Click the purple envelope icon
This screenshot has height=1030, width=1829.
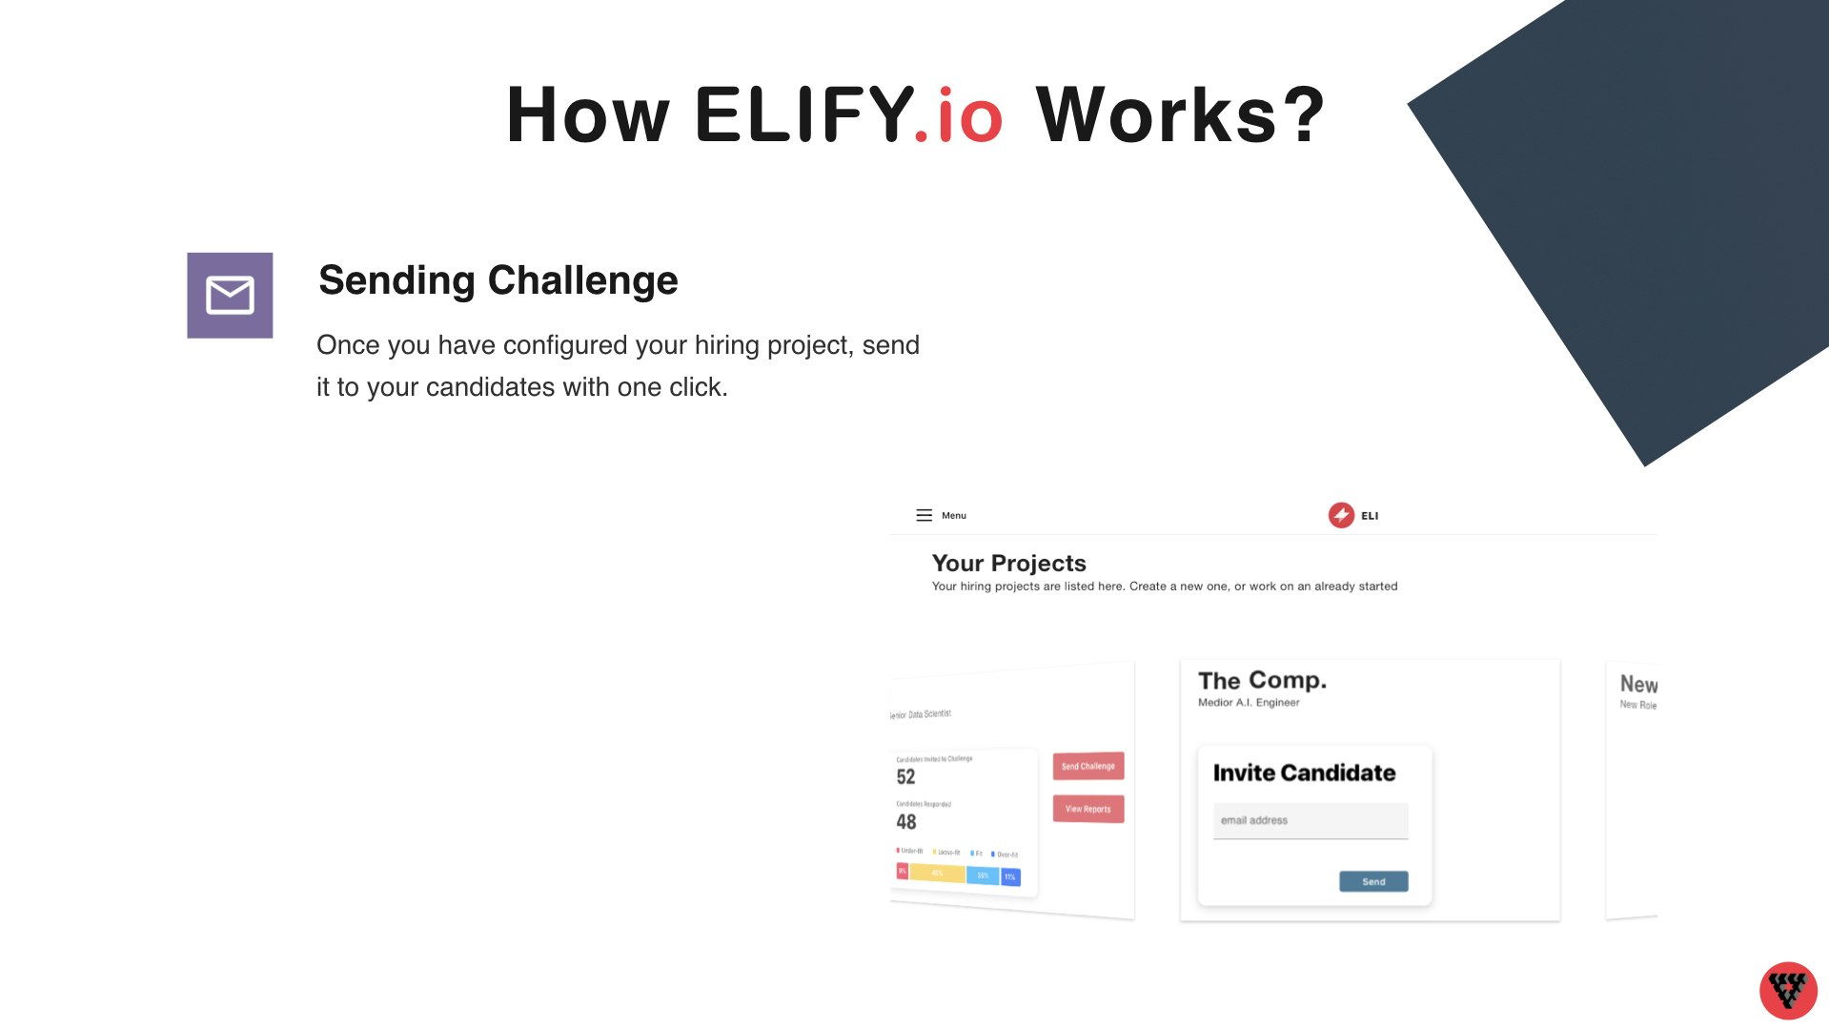[x=230, y=296]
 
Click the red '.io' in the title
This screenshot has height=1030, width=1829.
[x=958, y=116]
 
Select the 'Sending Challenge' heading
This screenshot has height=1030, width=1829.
[x=498, y=280]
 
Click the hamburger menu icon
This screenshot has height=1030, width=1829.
[x=924, y=516]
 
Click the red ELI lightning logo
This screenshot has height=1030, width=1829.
[x=1341, y=516]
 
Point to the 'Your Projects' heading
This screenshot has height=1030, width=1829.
[x=1008, y=564]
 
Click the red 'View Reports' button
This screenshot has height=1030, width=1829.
[x=1087, y=809]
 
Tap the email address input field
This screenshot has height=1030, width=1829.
[x=1310, y=820]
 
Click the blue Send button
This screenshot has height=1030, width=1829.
[x=1372, y=881]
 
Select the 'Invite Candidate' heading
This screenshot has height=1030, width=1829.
[x=1304, y=773]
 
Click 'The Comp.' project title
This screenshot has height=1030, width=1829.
[x=1262, y=681]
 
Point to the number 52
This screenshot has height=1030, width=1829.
[x=905, y=777]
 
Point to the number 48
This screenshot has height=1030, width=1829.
[x=905, y=822]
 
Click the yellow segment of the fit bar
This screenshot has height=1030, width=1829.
[x=937, y=873]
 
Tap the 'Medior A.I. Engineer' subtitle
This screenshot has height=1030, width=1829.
[x=1249, y=703]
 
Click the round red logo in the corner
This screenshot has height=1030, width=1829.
[x=1787, y=990]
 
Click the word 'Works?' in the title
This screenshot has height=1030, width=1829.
[x=1180, y=116]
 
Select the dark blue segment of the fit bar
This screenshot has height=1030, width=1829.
[x=1010, y=876]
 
